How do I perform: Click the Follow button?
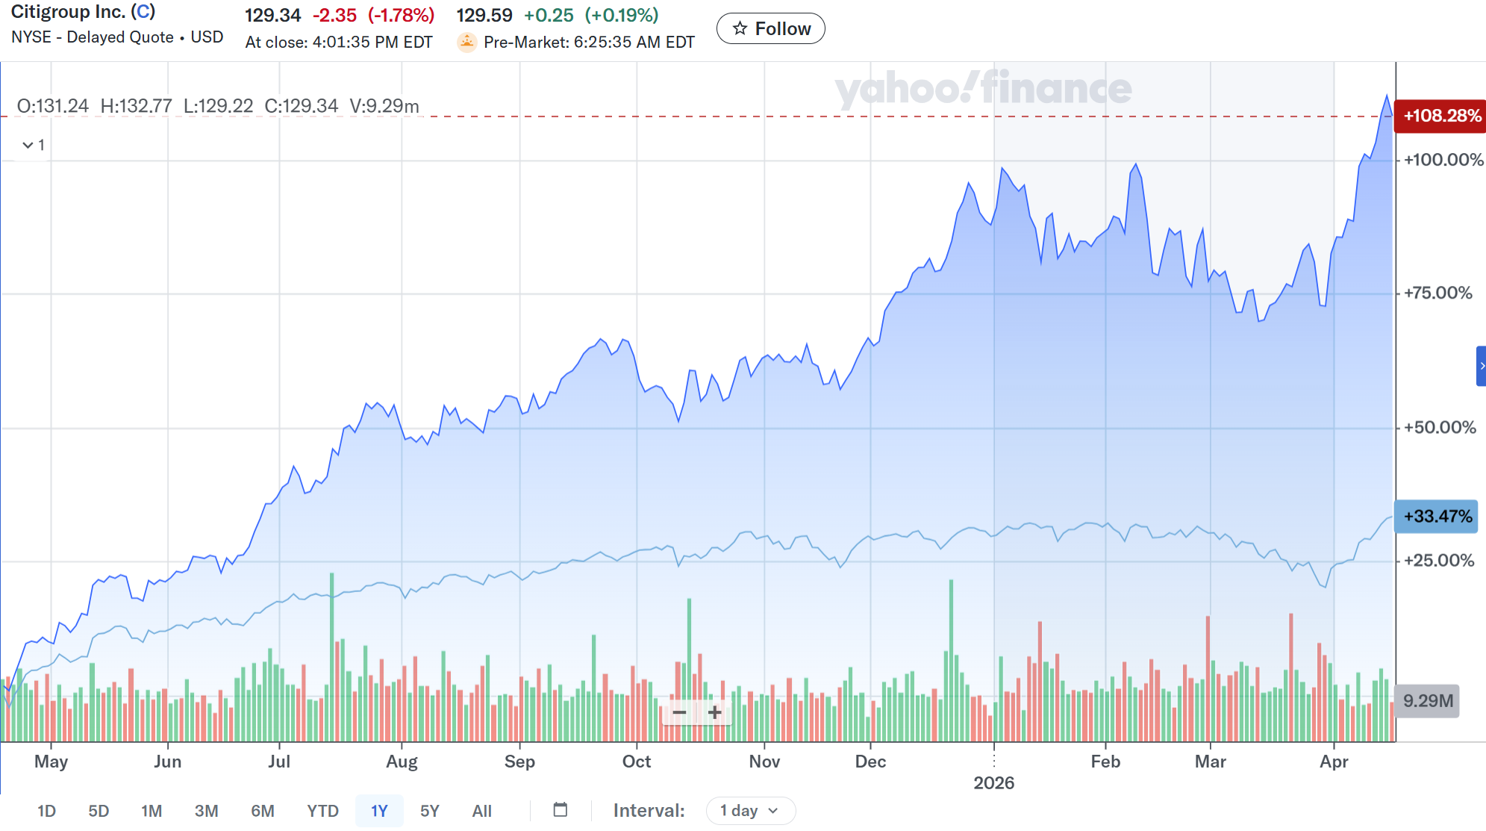(770, 29)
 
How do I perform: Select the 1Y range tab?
(379, 811)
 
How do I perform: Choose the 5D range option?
(99, 811)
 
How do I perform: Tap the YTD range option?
(322, 811)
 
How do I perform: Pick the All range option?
(481, 811)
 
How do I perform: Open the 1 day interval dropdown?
(750, 811)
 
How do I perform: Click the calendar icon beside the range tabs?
(561, 810)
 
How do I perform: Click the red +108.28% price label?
(1440, 116)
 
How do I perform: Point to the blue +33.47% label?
(1437, 517)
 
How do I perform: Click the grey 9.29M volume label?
(1427, 701)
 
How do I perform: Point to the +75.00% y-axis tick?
(1437, 293)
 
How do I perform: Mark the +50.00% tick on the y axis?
(1439, 428)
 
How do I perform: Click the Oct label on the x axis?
(637, 762)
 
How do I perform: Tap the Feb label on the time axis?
(1105, 762)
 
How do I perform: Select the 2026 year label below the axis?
(993, 783)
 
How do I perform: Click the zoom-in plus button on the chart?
(714, 712)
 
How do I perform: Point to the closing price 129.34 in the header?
(272, 16)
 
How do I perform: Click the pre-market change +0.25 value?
(549, 16)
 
